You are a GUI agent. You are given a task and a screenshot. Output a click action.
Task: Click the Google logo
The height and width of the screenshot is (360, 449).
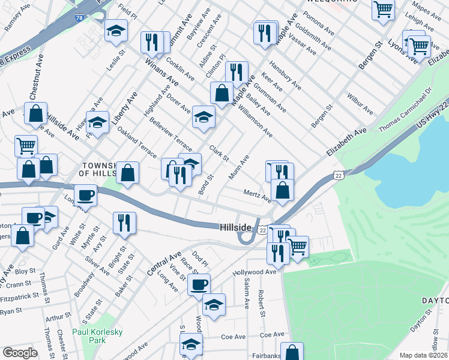click(x=20, y=353)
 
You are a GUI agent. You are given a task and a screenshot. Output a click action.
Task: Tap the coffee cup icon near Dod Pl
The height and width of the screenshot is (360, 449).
click(x=199, y=284)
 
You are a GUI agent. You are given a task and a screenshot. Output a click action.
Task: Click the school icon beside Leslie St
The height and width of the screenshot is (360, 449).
click(x=116, y=31)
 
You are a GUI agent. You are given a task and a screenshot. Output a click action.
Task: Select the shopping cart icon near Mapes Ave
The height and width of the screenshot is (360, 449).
click(x=383, y=10)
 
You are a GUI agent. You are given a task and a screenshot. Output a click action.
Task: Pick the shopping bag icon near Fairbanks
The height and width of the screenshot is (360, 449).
click(x=292, y=352)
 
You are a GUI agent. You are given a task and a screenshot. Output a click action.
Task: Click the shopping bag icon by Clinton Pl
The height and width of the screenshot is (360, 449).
click(x=221, y=93)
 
